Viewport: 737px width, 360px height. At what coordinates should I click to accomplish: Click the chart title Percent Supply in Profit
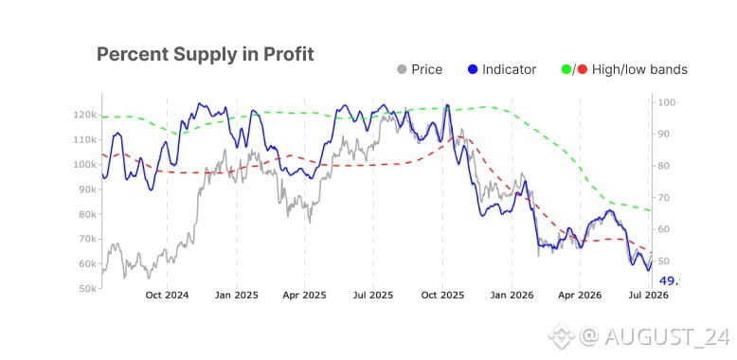(x=205, y=55)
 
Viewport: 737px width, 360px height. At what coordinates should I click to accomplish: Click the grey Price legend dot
(x=402, y=69)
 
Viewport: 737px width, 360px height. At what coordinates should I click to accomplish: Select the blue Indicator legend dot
(x=473, y=69)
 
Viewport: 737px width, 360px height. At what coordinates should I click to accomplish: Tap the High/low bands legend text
(x=639, y=69)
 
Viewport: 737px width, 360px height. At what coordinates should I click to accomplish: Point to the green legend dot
(x=566, y=69)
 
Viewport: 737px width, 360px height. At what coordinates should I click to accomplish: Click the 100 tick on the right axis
(x=666, y=102)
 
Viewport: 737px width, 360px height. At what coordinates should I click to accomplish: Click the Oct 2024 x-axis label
(x=167, y=296)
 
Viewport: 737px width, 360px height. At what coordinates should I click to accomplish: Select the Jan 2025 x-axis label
(x=237, y=296)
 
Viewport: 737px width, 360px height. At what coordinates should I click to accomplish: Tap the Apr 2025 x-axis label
(x=305, y=296)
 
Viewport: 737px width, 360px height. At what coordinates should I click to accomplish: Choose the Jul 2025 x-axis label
(x=372, y=296)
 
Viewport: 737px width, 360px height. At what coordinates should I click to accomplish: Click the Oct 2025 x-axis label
(x=442, y=296)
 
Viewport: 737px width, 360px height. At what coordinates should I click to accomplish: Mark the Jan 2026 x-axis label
(x=512, y=296)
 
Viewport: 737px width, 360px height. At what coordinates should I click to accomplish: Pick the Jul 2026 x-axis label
(x=649, y=296)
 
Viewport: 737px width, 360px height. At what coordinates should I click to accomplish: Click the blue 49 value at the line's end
(x=670, y=281)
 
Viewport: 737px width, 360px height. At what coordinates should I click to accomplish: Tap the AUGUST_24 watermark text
(x=667, y=336)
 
